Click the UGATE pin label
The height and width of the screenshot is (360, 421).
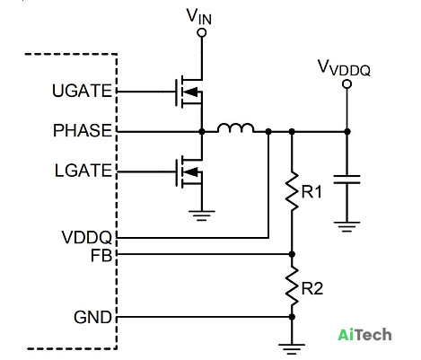click(82, 91)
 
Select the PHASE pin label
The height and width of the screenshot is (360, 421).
click(83, 130)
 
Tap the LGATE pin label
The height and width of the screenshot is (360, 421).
click(83, 171)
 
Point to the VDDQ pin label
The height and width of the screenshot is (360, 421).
click(87, 237)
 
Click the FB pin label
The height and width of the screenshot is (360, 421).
click(101, 256)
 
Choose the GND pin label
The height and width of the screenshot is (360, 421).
click(92, 317)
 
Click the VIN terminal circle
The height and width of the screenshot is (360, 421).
click(202, 32)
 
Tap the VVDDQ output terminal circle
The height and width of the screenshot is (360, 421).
click(346, 84)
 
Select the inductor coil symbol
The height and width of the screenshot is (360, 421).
click(236, 128)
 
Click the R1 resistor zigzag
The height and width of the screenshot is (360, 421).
click(292, 191)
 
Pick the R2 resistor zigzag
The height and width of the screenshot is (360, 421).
click(292, 286)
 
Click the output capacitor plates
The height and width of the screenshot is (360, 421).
click(346, 180)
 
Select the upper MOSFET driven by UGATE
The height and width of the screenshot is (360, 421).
click(189, 92)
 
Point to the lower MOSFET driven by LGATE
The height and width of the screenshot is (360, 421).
click(189, 172)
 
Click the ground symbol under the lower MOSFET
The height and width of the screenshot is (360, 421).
click(202, 215)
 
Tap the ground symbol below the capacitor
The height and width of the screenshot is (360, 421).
click(346, 227)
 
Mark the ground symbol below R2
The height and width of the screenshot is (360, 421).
click(292, 349)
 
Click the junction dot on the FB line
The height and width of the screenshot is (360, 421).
click(292, 254)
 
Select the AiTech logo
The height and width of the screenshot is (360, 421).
click(364, 335)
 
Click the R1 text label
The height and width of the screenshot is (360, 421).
click(311, 192)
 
